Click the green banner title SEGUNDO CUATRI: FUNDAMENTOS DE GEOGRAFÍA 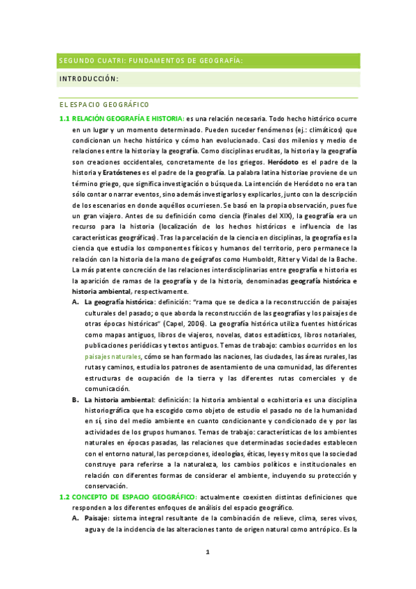coord(150,60)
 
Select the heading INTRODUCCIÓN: coord(89,78)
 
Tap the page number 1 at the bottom coord(208,552)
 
